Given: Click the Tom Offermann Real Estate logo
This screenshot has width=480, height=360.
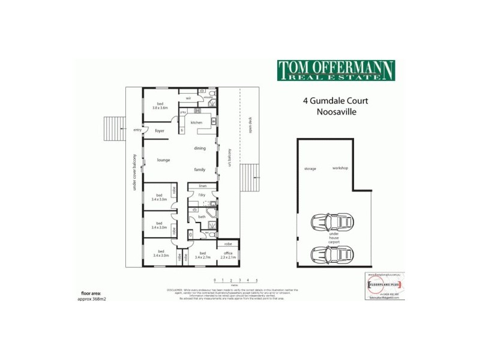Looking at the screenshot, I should [335, 71].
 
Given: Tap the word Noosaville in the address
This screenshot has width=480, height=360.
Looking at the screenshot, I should [335, 112].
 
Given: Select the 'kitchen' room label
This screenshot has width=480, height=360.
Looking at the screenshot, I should [197, 122].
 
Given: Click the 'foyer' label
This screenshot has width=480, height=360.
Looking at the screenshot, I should [160, 130].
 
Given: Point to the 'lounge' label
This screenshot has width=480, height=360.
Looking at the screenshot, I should [163, 160].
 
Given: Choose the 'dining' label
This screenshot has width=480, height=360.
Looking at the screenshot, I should [200, 148].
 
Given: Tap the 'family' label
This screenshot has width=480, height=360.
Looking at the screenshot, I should [199, 170].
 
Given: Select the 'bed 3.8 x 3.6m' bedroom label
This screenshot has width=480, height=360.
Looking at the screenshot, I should [160, 106].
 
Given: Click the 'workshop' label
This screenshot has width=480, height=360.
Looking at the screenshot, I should [340, 169].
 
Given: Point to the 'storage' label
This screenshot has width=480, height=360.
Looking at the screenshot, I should [310, 169].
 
